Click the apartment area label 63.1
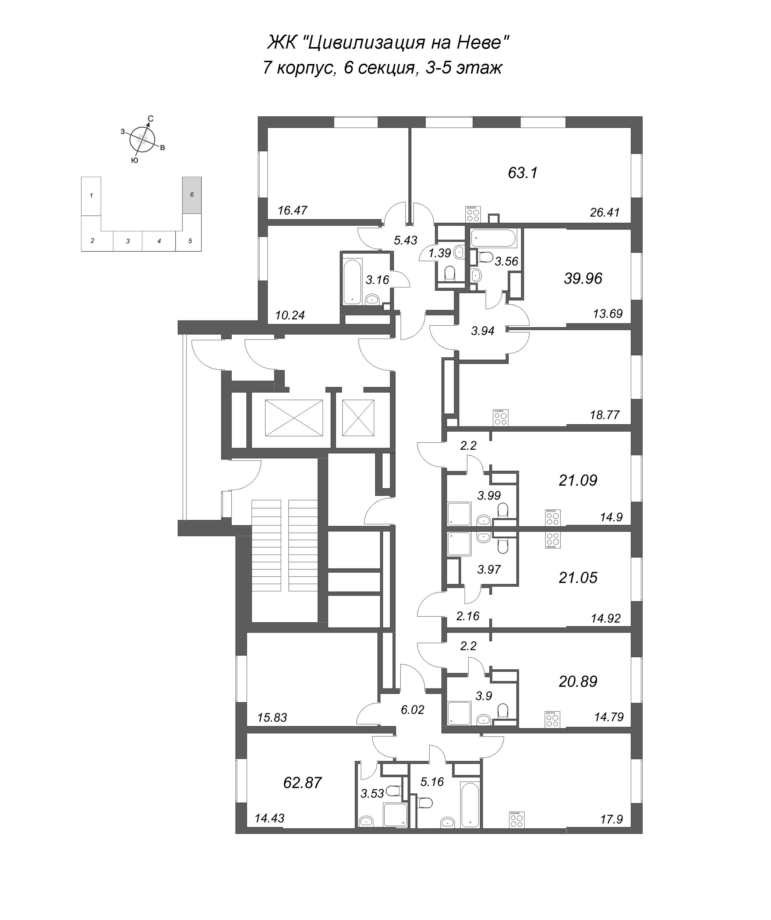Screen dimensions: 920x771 pyautogui.click(x=522, y=173)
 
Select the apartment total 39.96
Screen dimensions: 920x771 pyautogui.click(x=583, y=278)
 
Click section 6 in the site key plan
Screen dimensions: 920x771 pyautogui.click(x=192, y=195)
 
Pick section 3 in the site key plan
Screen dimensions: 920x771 pyautogui.click(x=128, y=241)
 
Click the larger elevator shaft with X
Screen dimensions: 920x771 pyautogui.click(x=294, y=418)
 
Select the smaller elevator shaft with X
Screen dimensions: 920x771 pyautogui.click(x=358, y=418)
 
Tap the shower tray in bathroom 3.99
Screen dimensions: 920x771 pyautogui.click(x=459, y=514)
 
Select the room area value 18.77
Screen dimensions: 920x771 pyautogui.click(x=605, y=415)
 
